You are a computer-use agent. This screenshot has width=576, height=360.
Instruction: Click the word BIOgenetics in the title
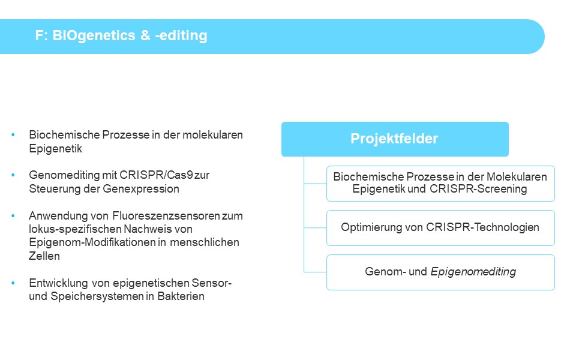(x=94, y=35)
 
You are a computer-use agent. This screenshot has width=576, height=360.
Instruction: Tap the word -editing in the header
(x=181, y=35)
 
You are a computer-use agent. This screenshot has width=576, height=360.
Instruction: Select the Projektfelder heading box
(x=395, y=139)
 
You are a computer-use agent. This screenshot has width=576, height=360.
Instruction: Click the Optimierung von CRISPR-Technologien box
(x=440, y=228)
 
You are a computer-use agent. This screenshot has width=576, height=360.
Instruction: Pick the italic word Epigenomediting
(x=473, y=272)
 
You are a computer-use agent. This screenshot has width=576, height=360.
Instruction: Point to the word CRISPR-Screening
(x=478, y=189)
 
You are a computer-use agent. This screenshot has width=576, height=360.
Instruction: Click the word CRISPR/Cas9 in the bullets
(x=156, y=175)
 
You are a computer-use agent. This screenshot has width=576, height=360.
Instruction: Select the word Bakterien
(x=181, y=296)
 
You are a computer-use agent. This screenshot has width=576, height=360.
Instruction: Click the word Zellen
(x=44, y=256)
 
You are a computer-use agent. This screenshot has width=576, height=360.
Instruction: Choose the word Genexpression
(x=141, y=189)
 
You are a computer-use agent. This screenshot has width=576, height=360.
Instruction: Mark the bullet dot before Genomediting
(x=13, y=175)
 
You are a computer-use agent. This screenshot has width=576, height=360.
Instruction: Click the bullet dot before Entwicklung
(x=13, y=283)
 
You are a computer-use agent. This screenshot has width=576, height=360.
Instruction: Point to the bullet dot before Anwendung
(x=13, y=215)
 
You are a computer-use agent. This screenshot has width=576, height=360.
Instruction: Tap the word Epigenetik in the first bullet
(x=55, y=149)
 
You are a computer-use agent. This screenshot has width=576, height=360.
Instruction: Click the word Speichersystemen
(x=97, y=296)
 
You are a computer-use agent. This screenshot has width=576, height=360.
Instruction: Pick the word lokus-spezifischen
(x=75, y=229)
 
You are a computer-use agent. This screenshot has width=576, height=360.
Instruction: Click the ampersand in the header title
(x=145, y=35)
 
